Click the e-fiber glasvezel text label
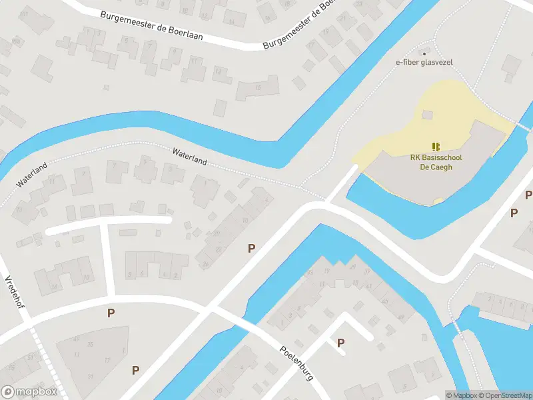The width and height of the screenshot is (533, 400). click(x=424, y=63)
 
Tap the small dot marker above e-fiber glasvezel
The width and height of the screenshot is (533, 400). click(x=424, y=53)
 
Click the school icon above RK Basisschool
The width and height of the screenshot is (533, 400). click(x=436, y=147)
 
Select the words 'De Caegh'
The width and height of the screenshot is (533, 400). click(x=436, y=167)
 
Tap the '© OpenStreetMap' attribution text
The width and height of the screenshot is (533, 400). click(x=504, y=395)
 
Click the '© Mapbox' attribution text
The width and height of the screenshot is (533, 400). click(x=460, y=395)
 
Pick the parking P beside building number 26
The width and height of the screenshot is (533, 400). click(x=251, y=248)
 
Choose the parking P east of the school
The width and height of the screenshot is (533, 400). click(x=514, y=213)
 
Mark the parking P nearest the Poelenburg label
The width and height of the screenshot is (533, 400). click(x=340, y=343)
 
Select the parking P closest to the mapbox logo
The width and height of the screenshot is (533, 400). click(x=136, y=370)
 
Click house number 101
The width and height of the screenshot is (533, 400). click(x=25, y=14)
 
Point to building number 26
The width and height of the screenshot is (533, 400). click(x=206, y=264)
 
